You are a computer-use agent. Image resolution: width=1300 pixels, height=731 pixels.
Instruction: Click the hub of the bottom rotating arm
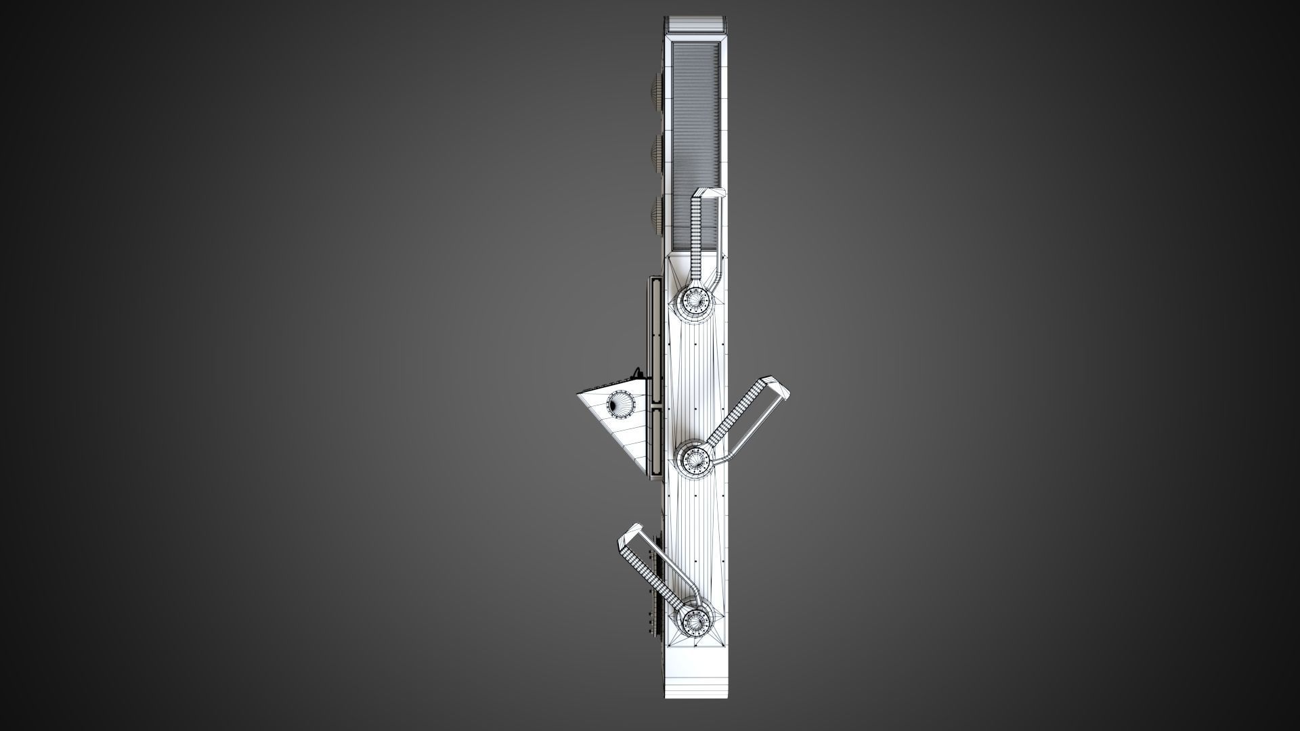[695, 621]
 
